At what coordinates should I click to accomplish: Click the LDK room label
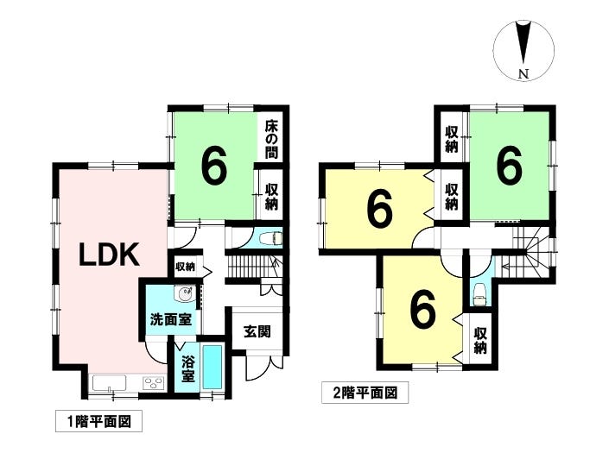click(x=110, y=255)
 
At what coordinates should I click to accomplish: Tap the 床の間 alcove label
click(x=271, y=140)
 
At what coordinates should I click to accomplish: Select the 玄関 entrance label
click(x=257, y=331)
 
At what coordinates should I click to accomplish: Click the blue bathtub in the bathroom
click(x=213, y=367)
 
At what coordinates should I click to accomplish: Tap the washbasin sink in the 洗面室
click(x=184, y=294)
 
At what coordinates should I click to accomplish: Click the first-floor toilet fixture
click(x=273, y=238)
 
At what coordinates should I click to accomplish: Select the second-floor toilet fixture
click(x=479, y=293)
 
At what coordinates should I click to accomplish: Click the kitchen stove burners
click(x=154, y=383)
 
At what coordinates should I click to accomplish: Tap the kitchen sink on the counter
click(x=109, y=383)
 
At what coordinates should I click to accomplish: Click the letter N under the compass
click(x=524, y=74)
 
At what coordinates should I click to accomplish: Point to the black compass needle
click(x=524, y=42)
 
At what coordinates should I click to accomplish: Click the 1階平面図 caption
click(x=99, y=421)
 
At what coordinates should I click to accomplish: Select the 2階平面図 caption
click(x=365, y=393)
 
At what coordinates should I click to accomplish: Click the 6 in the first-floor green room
click(x=214, y=166)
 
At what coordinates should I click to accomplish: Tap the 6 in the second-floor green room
click(x=509, y=166)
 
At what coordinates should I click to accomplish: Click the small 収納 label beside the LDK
click(x=185, y=267)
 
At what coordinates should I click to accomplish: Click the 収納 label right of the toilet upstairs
click(x=480, y=341)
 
